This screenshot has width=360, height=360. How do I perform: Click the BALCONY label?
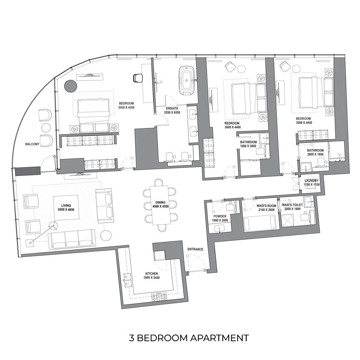32,144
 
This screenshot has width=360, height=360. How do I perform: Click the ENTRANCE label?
195,249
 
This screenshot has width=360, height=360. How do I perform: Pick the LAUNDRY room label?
311,181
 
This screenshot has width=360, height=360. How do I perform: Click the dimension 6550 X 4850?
66,210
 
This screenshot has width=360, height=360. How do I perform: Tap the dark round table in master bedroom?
70,86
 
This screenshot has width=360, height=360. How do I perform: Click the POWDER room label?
220,216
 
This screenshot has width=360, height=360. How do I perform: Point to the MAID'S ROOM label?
266,206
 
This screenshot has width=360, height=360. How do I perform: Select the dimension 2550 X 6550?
172,112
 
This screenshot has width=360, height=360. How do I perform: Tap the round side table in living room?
106,235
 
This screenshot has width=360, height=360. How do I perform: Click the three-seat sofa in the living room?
72,240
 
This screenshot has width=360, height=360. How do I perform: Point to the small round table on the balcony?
46,128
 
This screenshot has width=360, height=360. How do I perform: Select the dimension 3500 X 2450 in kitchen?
151,277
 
